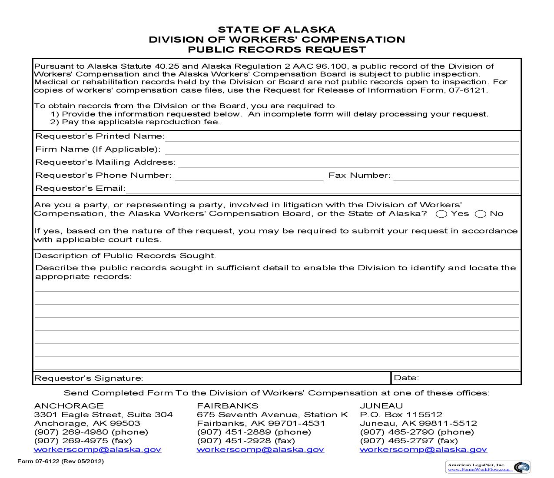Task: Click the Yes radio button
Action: [x=441, y=214]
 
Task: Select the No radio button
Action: [x=480, y=214]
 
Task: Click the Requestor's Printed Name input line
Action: [x=342, y=137]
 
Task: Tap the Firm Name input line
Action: [x=342, y=150]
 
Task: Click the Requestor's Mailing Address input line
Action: [x=348, y=163]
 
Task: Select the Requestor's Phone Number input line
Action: [x=249, y=176]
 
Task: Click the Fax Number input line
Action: [x=456, y=176]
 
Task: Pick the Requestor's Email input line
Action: [x=322, y=189]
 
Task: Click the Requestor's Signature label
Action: [x=88, y=378]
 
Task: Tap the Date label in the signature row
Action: [x=406, y=378]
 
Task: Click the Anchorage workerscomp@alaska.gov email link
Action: [x=97, y=449]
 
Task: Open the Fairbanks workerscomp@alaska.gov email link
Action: [x=260, y=449]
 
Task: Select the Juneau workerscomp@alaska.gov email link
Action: [x=423, y=449]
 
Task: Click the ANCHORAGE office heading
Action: [x=69, y=406]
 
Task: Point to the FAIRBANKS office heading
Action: [x=227, y=406]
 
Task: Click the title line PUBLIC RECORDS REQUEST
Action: [x=277, y=50]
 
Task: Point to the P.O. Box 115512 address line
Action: [x=401, y=415]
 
